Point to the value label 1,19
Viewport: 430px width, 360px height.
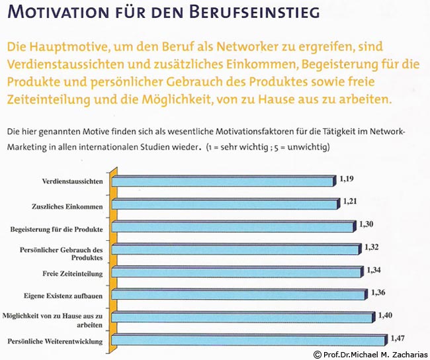[347, 179]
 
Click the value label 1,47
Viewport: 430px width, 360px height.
[397, 337]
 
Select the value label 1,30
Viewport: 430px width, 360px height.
[368, 224]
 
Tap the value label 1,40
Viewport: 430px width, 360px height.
[385, 316]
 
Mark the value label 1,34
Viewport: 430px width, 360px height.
[374, 269]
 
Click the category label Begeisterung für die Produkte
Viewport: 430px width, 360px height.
[56, 229]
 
